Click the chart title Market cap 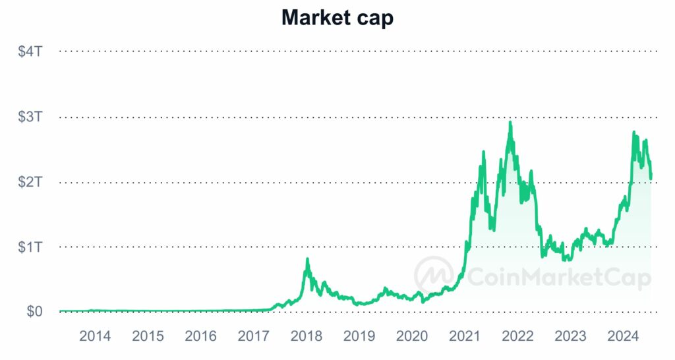[337, 18]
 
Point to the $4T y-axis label [30, 51]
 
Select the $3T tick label [30, 117]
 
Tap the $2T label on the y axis [30, 182]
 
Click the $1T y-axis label [30, 247]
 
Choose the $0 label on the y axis [34, 311]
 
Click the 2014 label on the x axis [95, 336]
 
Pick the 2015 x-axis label [148, 336]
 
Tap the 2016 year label [200, 336]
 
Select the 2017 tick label [253, 336]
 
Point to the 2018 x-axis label [306, 336]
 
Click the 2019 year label [359, 336]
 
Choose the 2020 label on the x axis [412, 336]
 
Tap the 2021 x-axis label [465, 336]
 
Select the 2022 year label [517, 336]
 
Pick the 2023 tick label [570, 336]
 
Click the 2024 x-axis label [623, 336]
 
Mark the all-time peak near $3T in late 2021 [510, 123]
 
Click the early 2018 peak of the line [307, 260]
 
